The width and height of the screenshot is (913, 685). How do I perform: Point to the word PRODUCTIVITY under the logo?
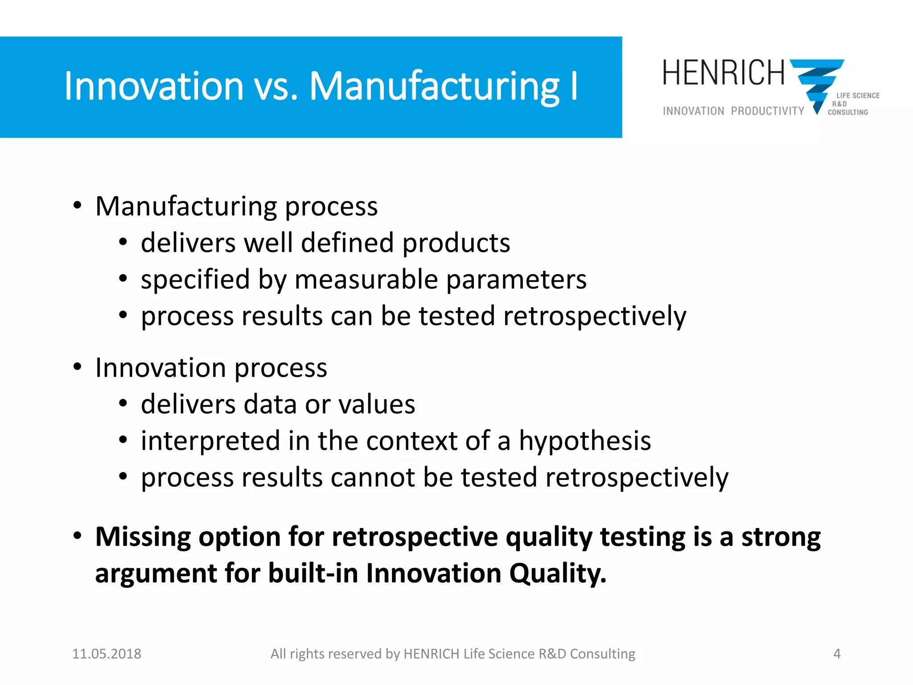point(767,111)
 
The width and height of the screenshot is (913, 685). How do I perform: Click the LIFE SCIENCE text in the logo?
point(858,95)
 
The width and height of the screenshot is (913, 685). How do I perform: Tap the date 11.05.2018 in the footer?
point(107,654)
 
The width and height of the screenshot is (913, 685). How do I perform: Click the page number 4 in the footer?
point(837,654)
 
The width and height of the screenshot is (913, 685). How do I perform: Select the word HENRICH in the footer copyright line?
point(431,654)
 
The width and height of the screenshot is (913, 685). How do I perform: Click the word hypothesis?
point(584,441)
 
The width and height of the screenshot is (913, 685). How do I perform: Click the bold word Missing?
point(143,536)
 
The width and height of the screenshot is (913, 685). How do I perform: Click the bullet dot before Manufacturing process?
point(78,206)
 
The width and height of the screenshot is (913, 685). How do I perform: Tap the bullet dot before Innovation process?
point(78,367)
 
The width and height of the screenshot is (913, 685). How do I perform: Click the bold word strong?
point(781,536)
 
